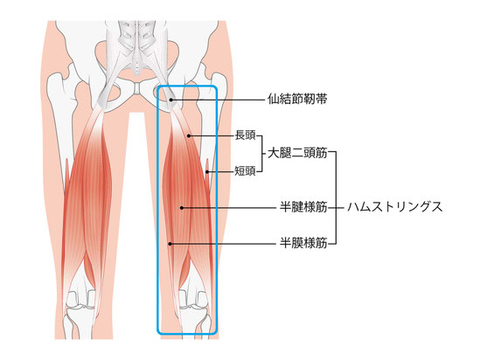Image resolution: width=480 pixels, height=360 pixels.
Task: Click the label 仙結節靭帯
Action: click(x=297, y=99)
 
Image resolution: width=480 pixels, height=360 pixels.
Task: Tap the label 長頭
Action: click(x=245, y=135)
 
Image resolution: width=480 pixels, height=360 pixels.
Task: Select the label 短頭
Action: click(x=245, y=171)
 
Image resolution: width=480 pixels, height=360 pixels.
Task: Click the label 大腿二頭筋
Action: click(x=297, y=153)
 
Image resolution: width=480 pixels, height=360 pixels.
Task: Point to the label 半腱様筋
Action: click(x=303, y=207)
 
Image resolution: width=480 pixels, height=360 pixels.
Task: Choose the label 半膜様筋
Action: click(x=303, y=244)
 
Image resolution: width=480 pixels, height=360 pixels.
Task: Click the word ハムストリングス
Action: click(x=395, y=207)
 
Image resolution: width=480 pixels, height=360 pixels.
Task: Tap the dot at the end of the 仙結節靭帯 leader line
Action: click(x=171, y=100)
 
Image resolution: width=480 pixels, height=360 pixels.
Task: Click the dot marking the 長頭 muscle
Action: click(x=189, y=135)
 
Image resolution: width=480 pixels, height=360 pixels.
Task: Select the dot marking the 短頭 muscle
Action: click(x=207, y=172)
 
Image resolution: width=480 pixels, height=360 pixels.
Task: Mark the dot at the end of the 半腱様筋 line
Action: click(x=182, y=208)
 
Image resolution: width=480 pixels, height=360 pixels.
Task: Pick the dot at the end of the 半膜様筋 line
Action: click(x=170, y=244)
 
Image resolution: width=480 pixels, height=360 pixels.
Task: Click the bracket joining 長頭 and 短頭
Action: click(x=262, y=154)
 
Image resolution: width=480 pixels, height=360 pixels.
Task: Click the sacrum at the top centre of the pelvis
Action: click(x=138, y=49)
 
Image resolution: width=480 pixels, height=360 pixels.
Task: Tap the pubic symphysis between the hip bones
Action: click(x=138, y=88)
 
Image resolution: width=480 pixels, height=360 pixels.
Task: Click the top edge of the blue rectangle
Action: click(x=187, y=87)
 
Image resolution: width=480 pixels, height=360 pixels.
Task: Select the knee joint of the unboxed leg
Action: click(x=81, y=301)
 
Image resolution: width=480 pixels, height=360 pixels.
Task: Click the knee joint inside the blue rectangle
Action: click(x=194, y=301)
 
